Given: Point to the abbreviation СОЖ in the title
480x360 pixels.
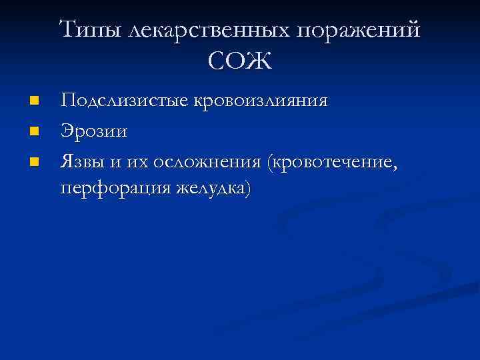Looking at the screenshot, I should (x=240, y=62).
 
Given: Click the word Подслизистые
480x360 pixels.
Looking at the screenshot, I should (x=125, y=102).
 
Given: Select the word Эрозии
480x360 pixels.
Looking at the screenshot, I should (x=94, y=131).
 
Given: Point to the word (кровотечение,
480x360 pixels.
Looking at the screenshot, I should (x=333, y=161).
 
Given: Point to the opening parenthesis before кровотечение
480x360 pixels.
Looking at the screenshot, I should (x=269, y=162).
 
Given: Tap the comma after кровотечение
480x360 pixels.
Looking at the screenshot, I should (x=396, y=167).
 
